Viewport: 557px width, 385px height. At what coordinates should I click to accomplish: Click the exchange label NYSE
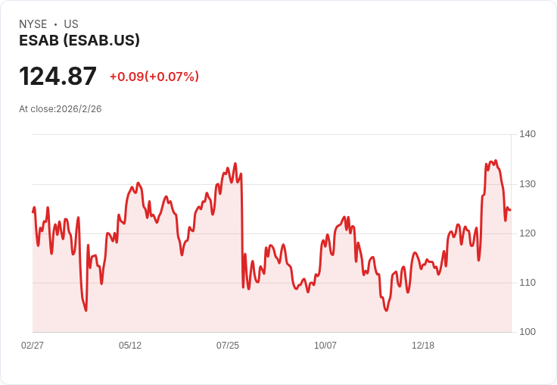point(33,24)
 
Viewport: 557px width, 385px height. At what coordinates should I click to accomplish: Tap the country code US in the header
point(71,24)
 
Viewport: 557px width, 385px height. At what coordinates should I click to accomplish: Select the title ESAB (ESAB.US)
point(79,40)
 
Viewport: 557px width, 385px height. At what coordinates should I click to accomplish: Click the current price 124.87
point(58,76)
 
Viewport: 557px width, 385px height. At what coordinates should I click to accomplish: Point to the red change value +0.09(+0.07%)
point(154,77)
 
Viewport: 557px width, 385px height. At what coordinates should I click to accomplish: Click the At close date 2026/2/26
point(79,109)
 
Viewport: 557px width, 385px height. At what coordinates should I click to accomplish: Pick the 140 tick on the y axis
point(527,134)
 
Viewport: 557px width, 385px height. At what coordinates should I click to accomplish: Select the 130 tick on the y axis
point(527,184)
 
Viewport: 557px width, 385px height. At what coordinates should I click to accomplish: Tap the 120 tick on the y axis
point(527,233)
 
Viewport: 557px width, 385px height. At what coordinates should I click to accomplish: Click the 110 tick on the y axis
point(527,283)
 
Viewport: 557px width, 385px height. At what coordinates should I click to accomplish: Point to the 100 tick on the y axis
point(527,332)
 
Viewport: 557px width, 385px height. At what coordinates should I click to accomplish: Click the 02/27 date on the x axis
point(33,345)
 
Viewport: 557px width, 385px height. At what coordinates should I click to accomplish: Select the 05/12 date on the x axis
point(130,345)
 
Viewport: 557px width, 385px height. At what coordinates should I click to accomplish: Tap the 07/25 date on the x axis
point(228,345)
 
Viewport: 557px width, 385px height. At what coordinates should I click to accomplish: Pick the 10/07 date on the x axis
point(325,345)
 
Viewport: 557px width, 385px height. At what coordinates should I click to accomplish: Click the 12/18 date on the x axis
point(423,345)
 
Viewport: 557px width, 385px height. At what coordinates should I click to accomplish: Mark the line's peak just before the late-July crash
point(235,164)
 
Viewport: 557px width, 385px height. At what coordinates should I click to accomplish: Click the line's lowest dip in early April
point(86,311)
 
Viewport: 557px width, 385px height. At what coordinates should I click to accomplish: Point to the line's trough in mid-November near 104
point(387,311)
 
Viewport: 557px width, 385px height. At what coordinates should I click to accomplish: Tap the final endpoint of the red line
point(511,210)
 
